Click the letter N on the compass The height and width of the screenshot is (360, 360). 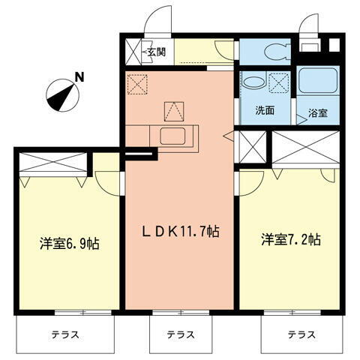click(79, 76)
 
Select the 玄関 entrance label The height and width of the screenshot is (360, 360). click(156, 52)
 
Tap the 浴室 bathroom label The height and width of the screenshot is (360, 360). click(318, 115)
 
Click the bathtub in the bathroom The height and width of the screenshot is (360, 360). click(318, 87)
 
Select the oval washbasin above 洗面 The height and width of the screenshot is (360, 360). click(251, 82)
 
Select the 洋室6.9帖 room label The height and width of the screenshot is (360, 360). click(70, 244)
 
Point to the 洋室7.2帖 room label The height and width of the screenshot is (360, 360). click(290, 240)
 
